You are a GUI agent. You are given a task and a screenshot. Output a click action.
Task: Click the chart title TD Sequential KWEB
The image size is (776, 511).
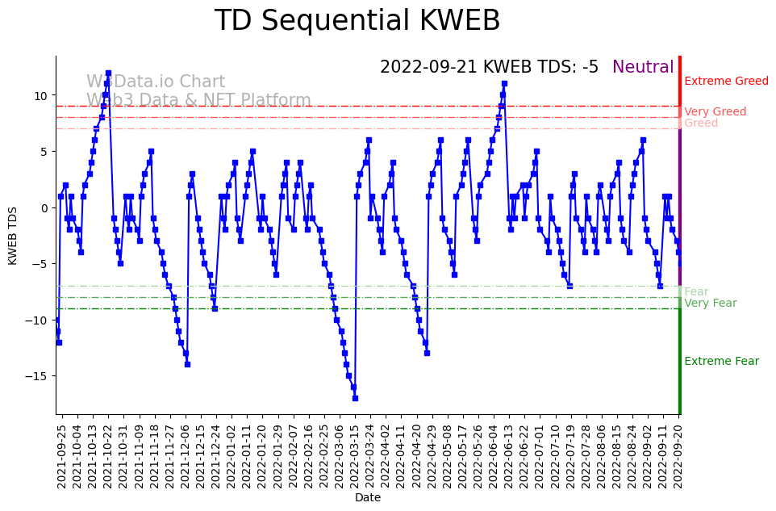coord(357,22)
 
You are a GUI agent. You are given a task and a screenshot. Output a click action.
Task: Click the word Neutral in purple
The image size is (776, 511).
coord(643,68)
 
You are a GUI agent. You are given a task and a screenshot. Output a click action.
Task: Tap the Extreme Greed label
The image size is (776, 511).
coord(726,82)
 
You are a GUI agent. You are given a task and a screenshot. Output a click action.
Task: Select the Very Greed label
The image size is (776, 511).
coord(715,112)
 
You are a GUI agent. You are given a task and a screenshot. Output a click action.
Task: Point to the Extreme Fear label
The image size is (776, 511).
coord(721,362)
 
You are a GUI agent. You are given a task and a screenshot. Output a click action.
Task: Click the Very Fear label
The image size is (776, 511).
coord(710,304)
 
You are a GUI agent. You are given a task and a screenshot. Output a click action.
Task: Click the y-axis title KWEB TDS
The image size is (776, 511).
coord(13,234)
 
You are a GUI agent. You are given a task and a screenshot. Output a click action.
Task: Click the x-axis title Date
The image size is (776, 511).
coord(368,498)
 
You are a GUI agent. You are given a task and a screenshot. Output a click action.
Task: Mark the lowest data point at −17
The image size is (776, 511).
coord(355,398)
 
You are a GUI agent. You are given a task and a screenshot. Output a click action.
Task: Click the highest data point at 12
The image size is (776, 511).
coord(108,73)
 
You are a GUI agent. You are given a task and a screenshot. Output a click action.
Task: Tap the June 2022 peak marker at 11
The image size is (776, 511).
coord(504,83)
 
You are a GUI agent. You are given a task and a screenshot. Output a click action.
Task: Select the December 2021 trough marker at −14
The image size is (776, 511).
coord(187,364)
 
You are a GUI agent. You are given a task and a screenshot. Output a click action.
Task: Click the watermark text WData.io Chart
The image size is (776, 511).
coord(156,82)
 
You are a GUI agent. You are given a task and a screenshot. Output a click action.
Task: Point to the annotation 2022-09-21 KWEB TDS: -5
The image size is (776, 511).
coord(489,68)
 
